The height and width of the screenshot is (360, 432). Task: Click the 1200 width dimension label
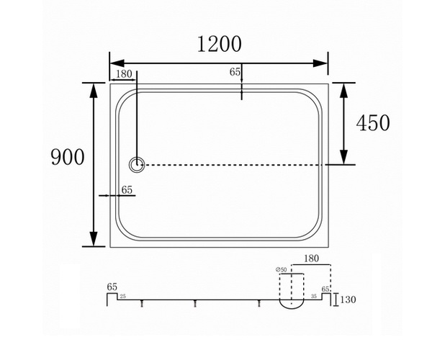(220, 45)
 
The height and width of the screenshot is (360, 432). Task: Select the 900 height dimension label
(68, 157)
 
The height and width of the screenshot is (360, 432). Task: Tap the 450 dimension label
(373, 122)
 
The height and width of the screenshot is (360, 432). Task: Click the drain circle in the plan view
(136, 165)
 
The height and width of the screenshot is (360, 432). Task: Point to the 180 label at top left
(124, 74)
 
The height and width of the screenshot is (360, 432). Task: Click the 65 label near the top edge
(235, 72)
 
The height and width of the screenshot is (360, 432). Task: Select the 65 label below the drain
(127, 190)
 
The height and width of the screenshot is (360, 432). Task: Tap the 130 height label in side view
(348, 300)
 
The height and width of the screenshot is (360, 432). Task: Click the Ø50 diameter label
(282, 270)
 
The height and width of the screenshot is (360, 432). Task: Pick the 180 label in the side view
(311, 258)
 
